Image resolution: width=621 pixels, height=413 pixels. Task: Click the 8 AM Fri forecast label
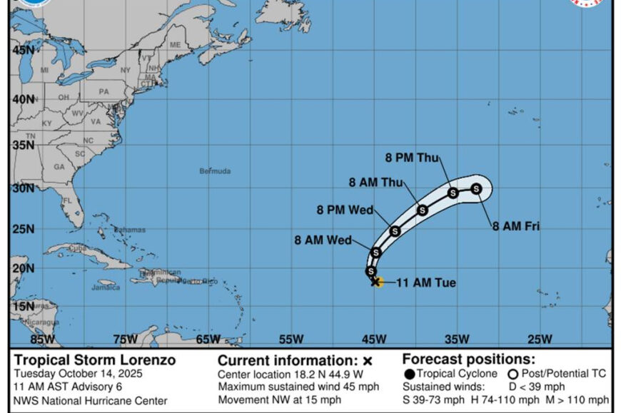515,227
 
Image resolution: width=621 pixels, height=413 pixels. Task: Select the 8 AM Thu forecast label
375,182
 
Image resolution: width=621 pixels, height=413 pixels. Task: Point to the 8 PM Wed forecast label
345,210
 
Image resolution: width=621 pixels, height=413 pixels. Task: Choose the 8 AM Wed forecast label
323,240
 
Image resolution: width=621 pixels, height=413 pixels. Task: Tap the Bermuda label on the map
215,171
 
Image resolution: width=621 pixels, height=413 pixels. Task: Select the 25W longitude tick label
539,339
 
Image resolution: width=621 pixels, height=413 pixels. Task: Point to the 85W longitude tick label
43,339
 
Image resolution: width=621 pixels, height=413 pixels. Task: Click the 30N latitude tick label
22,188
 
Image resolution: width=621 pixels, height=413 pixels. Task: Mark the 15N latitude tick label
22,306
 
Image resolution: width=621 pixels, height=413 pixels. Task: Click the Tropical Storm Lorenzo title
94,360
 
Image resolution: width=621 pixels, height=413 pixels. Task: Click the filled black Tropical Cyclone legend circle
409,374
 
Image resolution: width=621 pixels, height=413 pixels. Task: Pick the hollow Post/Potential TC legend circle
513,374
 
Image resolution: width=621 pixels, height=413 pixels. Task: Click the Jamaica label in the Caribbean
105,287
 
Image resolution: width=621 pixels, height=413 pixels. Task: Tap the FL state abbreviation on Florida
68,201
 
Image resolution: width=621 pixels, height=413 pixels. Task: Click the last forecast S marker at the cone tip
476,188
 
